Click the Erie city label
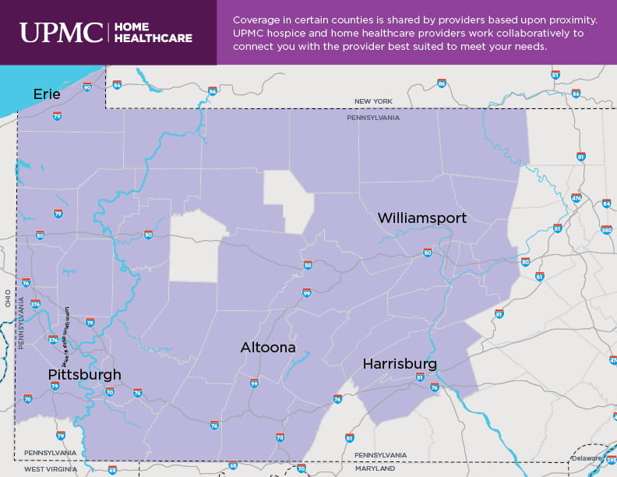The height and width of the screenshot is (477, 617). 46,94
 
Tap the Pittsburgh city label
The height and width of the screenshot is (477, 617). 84,375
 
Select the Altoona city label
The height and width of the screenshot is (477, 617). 268,348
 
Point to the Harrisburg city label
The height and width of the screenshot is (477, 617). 399,364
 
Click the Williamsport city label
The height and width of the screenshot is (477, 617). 421,218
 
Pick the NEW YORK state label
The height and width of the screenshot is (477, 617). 373,101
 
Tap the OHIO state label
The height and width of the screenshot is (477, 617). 8,298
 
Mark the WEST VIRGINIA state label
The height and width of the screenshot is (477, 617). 50,468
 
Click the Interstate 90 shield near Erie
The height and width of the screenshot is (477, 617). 86,87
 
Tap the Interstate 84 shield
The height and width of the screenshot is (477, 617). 606,203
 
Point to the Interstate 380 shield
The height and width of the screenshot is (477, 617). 607,230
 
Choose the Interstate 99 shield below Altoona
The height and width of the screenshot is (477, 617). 254,383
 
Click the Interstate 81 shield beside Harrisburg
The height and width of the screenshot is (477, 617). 420,377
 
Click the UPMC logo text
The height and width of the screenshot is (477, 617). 60,32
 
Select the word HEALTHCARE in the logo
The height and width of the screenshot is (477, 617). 153,38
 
